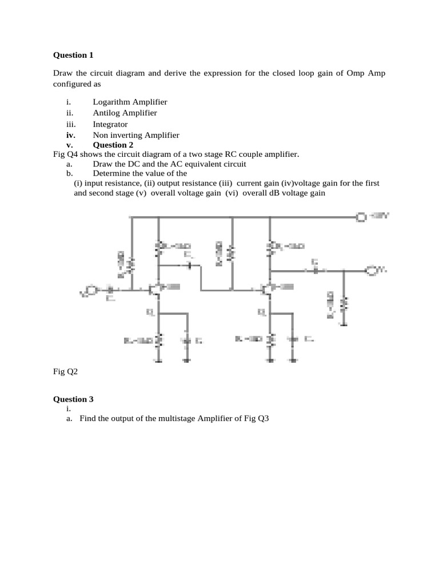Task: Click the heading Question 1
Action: (x=73, y=56)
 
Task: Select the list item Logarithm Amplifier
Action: (x=130, y=101)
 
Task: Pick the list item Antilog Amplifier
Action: (x=125, y=113)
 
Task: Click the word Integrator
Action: (x=110, y=124)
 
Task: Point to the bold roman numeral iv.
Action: (x=70, y=135)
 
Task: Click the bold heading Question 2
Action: (x=113, y=145)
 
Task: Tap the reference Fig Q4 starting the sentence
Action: (x=65, y=154)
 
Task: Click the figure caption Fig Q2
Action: (x=65, y=371)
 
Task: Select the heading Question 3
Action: (x=73, y=399)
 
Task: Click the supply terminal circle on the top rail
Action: (x=361, y=217)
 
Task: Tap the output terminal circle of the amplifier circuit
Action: (x=370, y=270)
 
